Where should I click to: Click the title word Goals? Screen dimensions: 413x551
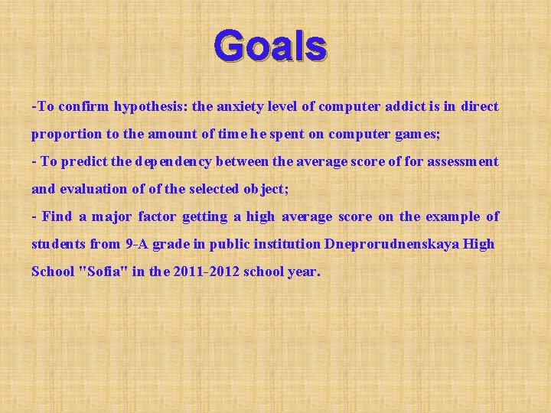271,46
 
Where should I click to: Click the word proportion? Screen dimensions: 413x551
66,134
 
